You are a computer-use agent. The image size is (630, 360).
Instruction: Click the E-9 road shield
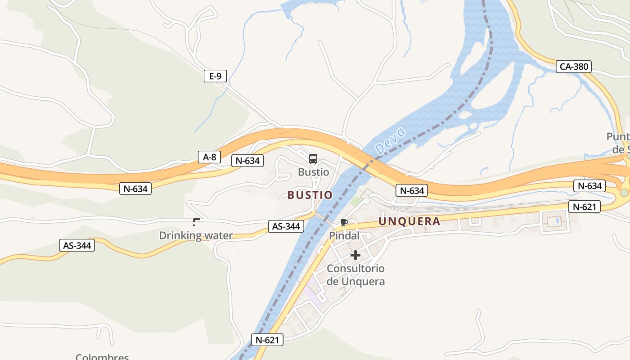click(215, 76)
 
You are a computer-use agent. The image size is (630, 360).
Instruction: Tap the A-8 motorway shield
click(209, 157)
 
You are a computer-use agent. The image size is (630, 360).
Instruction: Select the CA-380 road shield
click(573, 67)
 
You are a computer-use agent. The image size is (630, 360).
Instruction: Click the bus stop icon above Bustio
click(313, 159)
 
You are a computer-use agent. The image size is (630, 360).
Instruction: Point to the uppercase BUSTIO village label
click(310, 195)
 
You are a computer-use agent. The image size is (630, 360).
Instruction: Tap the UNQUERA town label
click(409, 221)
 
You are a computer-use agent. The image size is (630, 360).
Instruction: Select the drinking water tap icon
click(196, 222)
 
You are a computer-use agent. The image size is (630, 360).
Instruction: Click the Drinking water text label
click(196, 235)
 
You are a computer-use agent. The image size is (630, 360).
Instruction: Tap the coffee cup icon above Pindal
click(344, 222)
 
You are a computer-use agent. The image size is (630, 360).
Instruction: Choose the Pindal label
click(344, 236)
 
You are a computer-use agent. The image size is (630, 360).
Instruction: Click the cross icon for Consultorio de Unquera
click(355, 256)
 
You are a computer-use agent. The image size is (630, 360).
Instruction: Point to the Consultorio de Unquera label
click(355, 275)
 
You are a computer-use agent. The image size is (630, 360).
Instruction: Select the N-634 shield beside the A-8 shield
click(247, 161)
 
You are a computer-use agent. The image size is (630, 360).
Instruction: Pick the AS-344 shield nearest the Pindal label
click(286, 226)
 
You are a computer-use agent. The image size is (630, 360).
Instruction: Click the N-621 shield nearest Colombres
click(267, 340)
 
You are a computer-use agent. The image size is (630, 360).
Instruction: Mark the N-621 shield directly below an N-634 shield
click(585, 207)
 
